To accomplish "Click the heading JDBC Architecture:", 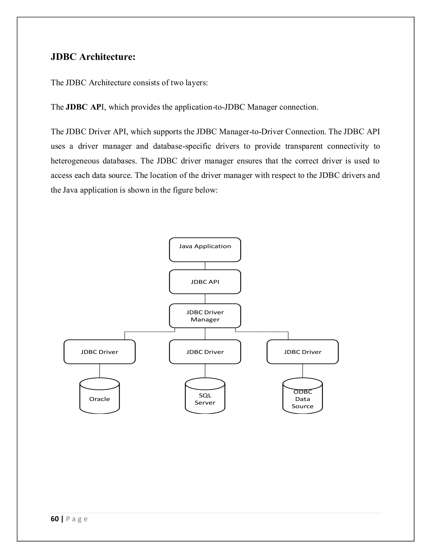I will [93, 57].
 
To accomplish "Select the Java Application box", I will [205, 250].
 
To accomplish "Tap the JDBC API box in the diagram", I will [205, 282].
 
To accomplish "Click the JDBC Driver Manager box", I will [205, 316].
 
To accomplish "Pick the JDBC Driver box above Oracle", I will [99, 352].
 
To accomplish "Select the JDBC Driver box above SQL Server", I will [205, 352].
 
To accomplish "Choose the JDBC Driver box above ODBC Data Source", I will [303, 352].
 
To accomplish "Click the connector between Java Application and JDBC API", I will [205, 266].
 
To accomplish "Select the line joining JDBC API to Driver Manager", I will [205, 299].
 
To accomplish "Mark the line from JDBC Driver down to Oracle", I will [100, 371].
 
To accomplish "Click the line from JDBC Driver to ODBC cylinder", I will [303, 371].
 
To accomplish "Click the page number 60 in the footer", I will [55, 519].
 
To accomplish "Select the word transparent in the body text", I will [304, 146].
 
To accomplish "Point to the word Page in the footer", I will [77, 519].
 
